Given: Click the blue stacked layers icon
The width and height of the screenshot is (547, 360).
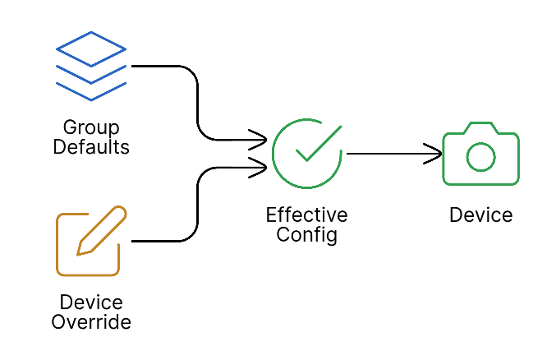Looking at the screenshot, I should [90, 66].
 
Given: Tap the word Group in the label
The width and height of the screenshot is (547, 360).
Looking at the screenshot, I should [91, 128].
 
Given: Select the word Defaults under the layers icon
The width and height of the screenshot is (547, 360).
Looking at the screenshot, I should [91, 148].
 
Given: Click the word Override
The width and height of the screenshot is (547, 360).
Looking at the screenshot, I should [91, 322].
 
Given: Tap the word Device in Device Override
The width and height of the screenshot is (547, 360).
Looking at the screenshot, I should [91, 302].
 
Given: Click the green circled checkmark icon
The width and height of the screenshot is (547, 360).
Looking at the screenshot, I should [306, 153].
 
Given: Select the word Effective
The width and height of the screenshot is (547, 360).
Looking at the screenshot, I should [306, 215].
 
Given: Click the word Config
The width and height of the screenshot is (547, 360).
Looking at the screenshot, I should [306, 235].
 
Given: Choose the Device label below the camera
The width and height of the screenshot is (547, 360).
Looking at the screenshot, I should [480, 215].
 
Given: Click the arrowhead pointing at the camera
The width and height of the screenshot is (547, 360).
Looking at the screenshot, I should [436, 154].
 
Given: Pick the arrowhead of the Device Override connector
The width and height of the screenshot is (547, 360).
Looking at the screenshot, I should [260, 168].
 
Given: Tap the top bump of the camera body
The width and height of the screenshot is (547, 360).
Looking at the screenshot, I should [480, 127].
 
